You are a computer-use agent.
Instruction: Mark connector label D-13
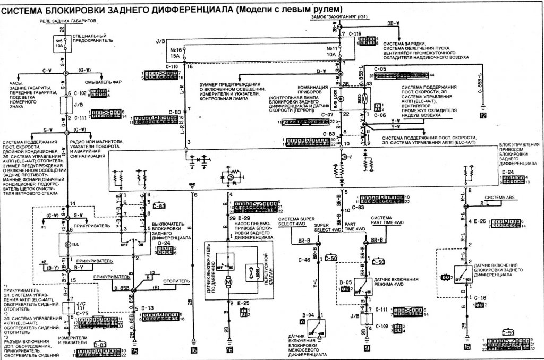pos(148,307)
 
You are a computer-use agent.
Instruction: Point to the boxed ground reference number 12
pos(483,116)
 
